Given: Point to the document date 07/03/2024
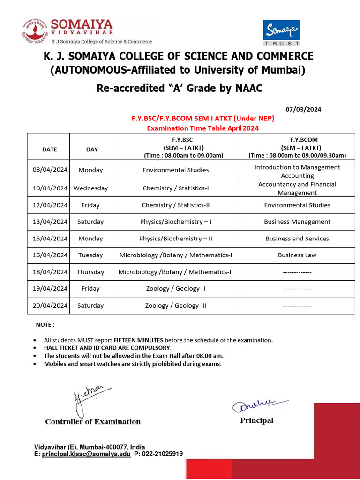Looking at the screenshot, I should point(304,109).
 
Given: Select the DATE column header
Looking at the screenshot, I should point(49,150).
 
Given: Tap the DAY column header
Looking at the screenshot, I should point(92,150).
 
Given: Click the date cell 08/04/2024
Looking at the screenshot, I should point(49,170).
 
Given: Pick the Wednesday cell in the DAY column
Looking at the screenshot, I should point(90,188).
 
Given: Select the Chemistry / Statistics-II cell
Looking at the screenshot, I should point(175,205).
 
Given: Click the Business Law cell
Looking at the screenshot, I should point(297,255).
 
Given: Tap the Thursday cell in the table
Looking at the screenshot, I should point(90,272).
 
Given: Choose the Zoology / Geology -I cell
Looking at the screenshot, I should point(175,289).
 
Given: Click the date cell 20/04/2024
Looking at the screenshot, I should point(49,306).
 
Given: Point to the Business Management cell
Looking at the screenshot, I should point(297,222).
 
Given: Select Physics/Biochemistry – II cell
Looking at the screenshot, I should point(175,239).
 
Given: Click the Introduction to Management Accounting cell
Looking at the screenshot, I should point(297,172).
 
